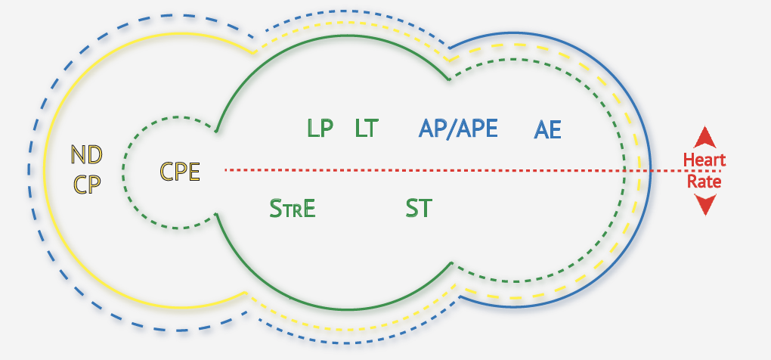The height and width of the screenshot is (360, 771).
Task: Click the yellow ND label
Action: coord(86,155)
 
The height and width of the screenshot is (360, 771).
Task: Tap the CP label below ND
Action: coord(86,184)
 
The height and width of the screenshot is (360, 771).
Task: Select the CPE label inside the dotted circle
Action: coord(180,172)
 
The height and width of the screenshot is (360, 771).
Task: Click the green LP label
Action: coord(320,129)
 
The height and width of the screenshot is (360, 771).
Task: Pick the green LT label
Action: coord(366,129)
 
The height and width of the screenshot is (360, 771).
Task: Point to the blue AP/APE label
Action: coord(458,129)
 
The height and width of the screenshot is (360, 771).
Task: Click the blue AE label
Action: coord(548,130)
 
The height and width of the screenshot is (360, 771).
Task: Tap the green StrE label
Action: coord(293,208)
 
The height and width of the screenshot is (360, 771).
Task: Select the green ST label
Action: coord(419,208)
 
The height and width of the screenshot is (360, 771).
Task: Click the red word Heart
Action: coord(704,160)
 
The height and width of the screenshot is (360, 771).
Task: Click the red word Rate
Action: coord(704,182)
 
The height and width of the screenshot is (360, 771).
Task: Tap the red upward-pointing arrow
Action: coord(705,138)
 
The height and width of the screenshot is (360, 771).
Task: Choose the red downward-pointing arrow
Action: coord(705,204)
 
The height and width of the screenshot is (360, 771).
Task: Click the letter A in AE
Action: coord(541,130)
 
